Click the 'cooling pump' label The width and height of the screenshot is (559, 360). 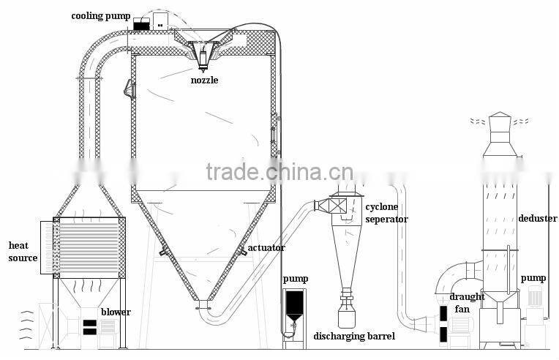(x=102, y=15)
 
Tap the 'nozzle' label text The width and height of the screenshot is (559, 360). (x=204, y=80)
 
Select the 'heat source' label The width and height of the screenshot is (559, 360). (x=23, y=252)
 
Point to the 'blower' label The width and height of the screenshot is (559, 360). (x=116, y=312)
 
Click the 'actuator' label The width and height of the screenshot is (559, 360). (x=266, y=249)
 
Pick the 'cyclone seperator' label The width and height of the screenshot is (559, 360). (x=386, y=214)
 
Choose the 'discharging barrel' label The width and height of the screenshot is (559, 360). (x=354, y=337)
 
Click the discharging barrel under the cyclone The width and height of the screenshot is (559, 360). (x=347, y=317)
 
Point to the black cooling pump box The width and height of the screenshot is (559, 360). (x=141, y=24)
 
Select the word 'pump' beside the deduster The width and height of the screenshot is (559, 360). (x=533, y=279)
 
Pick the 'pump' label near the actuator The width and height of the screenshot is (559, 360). (x=296, y=279)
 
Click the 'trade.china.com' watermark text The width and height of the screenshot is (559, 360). (x=263, y=172)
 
